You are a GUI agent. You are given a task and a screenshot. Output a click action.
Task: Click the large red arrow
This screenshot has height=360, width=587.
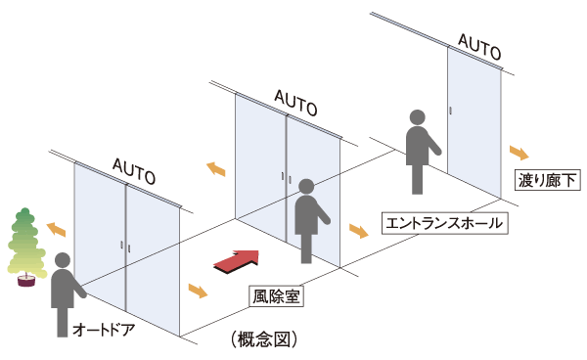tap(237, 260)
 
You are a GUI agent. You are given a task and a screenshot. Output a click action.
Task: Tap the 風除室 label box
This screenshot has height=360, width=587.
tap(275, 293)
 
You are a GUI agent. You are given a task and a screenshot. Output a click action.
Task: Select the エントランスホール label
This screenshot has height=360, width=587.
tap(443, 222)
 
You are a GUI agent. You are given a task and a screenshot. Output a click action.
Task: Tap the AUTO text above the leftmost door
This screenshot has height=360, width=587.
tap(134, 171)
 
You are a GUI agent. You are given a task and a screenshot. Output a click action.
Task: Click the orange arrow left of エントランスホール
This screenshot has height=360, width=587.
tap(358, 232)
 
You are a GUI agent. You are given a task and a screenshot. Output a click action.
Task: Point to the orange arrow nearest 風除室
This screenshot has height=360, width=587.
tap(199, 292)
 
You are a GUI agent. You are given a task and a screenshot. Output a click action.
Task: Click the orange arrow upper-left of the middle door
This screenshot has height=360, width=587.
tap(215, 169)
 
